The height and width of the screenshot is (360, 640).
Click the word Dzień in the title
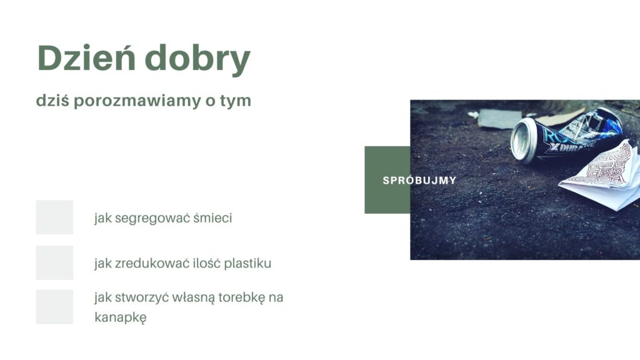tap(86, 57)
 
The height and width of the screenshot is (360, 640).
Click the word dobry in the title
tap(197, 59)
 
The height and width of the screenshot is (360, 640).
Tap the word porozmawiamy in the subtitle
tap(137, 101)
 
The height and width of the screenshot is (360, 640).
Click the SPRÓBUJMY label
tap(419, 180)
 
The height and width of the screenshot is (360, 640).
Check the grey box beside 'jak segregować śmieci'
tap(55, 217)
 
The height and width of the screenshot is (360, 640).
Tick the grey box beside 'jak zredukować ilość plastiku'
tap(55, 262)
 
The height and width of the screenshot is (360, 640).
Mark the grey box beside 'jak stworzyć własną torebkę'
tap(55, 307)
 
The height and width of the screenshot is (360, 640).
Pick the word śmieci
tap(212, 217)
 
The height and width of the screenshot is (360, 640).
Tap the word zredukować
tap(152, 263)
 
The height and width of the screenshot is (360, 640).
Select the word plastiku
tap(247, 264)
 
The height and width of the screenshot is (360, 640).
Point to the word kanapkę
tap(121, 317)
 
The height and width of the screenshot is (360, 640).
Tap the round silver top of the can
tap(523, 141)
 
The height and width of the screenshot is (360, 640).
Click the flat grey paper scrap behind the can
tap(500, 119)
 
